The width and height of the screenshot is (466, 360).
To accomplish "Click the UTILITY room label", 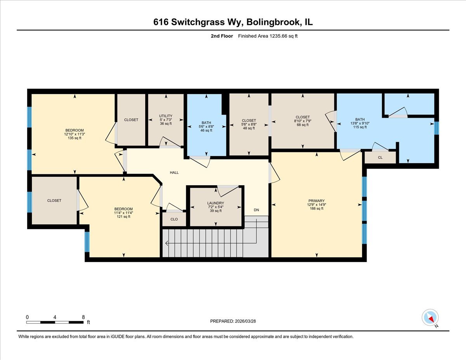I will click(165, 116).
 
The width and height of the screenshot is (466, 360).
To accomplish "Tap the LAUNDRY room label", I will click(215, 203).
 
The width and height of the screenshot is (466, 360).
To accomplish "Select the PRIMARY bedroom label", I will click(317, 201).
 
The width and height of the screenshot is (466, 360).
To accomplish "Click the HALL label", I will click(174, 172).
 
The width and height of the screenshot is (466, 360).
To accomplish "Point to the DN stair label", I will click(256, 210).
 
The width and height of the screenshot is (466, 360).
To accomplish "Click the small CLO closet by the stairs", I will click(174, 219).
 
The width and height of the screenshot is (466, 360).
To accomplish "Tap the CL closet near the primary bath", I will click(380, 158).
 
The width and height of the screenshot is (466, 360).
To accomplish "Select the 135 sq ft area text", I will click(74, 138).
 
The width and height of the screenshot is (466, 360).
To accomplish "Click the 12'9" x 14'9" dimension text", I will click(317, 205).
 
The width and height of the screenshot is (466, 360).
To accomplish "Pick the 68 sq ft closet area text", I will click(303, 125).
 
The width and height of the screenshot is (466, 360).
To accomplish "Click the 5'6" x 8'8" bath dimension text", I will click(206, 127).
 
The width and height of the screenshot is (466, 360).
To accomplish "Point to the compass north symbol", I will click(430, 317).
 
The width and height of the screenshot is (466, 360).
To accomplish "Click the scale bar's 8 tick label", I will click(83, 317).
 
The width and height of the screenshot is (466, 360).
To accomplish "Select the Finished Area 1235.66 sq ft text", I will click(267, 36).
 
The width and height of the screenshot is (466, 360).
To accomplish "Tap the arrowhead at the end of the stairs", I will click(167, 243).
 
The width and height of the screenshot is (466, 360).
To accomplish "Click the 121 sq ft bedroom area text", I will click(123, 216).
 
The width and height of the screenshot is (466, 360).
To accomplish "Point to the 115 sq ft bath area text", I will click(360, 127).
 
